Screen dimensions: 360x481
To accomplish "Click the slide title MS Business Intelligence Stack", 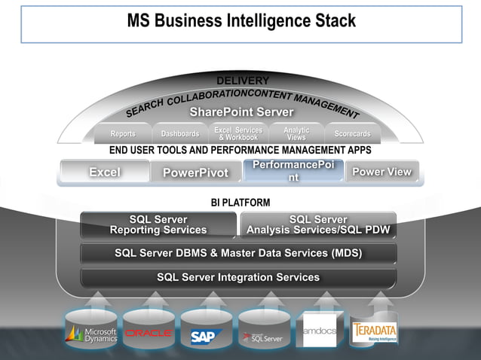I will tap(240, 21).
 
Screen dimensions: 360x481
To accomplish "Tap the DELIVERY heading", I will tap(242, 81).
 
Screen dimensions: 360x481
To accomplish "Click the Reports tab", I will tap(123, 134).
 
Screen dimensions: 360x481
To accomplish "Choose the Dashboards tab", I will tap(180, 134).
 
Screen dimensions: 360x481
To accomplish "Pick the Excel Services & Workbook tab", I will tap(237, 134).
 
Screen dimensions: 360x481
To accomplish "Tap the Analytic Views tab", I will tap(296, 134).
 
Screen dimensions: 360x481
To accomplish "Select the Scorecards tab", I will tap(352, 134).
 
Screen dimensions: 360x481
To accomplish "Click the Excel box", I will tap(105, 172).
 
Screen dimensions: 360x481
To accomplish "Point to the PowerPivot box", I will tap(195, 173).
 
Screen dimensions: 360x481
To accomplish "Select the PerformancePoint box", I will tap(293, 171).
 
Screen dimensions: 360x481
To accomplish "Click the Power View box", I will tap(381, 172).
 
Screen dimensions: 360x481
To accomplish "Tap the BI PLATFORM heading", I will tap(240, 203).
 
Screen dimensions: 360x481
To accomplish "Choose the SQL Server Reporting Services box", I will tap(158, 224).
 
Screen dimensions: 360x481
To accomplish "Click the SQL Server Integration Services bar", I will tap(238, 277).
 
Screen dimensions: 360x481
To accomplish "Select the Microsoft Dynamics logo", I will tap(91, 334).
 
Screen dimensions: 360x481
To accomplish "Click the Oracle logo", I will tap(149, 333).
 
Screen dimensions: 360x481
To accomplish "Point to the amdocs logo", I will tap(320, 331).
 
